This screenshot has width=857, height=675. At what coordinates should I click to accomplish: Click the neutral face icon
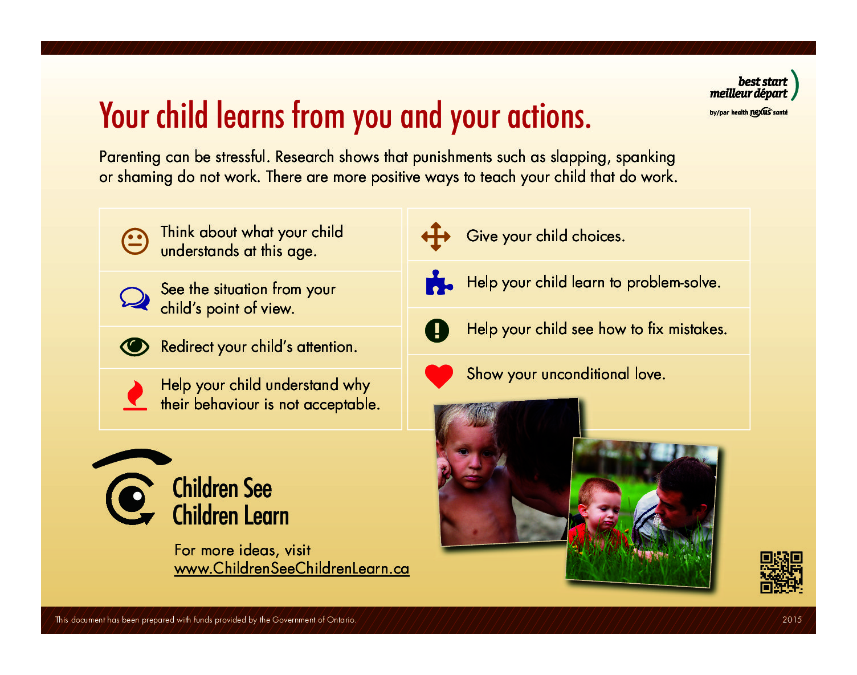[x=134, y=241]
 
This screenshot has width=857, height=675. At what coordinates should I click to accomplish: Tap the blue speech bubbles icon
[x=134, y=299]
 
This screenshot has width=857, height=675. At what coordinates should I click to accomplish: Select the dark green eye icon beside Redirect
[x=134, y=347]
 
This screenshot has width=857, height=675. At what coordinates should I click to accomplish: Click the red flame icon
[x=135, y=395]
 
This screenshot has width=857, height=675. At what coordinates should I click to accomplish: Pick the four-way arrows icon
[x=436, y=237]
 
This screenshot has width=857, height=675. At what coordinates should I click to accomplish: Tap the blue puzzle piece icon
[x=439, y=283]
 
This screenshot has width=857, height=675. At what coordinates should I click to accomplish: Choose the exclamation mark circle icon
[x=437, y=330]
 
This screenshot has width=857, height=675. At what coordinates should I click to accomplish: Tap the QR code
[x=781, y=572]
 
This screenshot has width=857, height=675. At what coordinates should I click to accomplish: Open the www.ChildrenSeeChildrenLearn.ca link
[x=292, y=568]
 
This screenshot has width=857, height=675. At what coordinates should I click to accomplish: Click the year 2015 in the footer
[x=791, y=620]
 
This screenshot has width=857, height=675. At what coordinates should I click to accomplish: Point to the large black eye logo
[x=132, y=487]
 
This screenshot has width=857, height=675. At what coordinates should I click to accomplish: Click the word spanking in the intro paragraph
[x=645, y=157]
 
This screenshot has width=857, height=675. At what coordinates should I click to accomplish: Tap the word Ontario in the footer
[x=341, y=620]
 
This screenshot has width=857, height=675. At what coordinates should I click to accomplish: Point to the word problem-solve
[x=674, y=283]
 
